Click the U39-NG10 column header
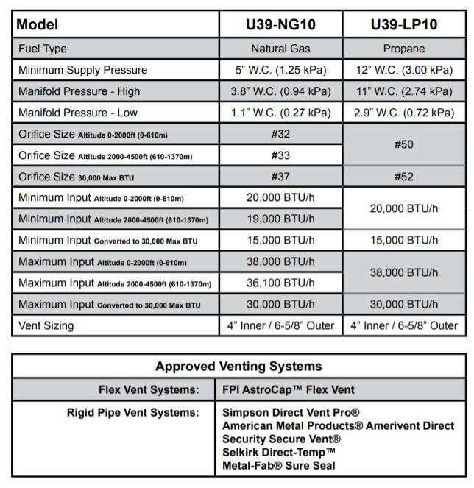pyautogui.click(x=280, y=24)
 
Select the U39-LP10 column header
pyautogui.click(x=404, y=24)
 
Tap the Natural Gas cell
pyautogui.click(x=280, y=49)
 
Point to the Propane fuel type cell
pyautogui.click(x=404, y=49)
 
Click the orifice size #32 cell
pyautogui.click(x=280, y=135)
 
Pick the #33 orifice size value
pyautogui.click(x=280, y=156)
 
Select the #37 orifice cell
pyautogui.click(x=280, y=177)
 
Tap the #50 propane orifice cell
pyautogui.click(x=404, y=145)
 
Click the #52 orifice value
pyautogui.click(x=404, y=177)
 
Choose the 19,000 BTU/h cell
pyautogui.click(x=280, y=219)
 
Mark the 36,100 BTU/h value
pyautogui.click(x=280, y=283)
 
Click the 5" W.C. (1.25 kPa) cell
pyautogui.click(x=280, y=70)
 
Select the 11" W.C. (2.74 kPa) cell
pyautogui.click(x=404, y=91)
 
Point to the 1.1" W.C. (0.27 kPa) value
pyautogui.click(x=280, y=113)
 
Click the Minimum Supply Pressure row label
pyautogui.click(x=83, y=70)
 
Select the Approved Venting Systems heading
pyautogui.click(x=238, y=366)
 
